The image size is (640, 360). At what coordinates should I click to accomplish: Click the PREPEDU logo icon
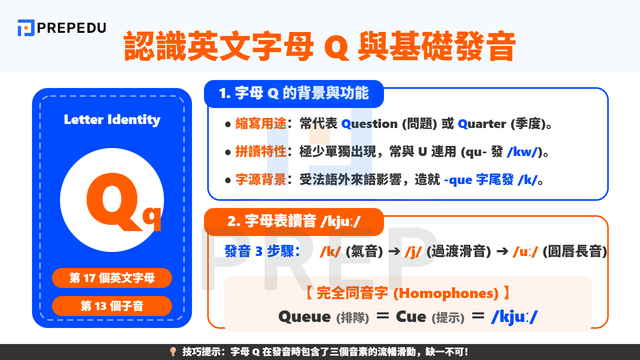point(26,28)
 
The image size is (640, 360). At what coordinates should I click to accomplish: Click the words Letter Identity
point(112,120)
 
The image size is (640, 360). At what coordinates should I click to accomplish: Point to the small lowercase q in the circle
point(152,218)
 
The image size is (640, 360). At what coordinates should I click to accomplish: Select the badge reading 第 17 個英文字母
point(112,278)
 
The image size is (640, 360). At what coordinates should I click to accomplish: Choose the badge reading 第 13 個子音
point(112,306)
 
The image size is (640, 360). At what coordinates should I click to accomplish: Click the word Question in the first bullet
point(370,124)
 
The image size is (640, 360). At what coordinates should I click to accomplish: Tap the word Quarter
point(482,124)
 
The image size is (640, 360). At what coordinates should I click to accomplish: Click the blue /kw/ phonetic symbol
point(522,152)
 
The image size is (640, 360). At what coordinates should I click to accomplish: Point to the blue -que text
point(458,180)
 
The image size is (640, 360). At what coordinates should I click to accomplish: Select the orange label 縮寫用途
point(260,124)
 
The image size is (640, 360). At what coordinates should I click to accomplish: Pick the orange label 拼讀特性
point(260,152)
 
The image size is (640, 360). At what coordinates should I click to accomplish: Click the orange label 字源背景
point(260,180)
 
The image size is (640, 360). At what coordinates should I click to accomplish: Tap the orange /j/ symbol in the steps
point(413,252)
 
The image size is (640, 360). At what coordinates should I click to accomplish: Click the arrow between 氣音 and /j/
point(394,252)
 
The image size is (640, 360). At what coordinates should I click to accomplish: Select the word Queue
point(304,317)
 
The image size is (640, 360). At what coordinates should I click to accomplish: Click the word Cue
point(411,317)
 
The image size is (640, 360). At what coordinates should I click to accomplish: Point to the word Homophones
point(446,293)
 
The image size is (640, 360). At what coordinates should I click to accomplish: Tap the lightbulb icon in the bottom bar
point(173,352)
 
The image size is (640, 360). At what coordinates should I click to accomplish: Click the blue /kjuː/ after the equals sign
point(514,317)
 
